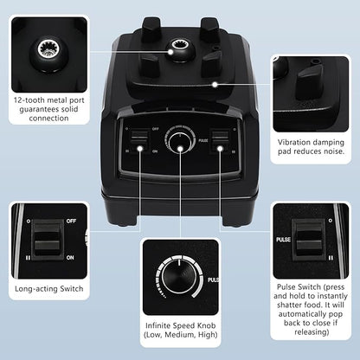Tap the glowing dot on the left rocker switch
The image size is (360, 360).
pos(140,149)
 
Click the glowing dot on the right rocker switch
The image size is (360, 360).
pos(220,149)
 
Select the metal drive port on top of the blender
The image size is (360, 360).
pos(181,45)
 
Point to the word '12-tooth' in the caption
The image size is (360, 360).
pos(29,100)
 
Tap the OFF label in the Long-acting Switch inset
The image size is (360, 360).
pos(71,221)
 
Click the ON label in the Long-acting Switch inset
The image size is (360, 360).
pos(70,257)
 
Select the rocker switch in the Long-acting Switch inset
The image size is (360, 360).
pos(48,240)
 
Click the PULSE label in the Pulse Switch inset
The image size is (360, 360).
pos(283,240)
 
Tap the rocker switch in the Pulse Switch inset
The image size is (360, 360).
pos(309,240)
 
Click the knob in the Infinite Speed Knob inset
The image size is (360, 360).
pos(179,277)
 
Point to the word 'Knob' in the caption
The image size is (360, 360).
pos(206,325)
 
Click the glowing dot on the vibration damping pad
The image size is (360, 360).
pos(215,85)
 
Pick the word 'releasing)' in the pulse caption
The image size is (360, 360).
pos(312,332)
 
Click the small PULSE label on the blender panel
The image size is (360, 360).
pos(203,140)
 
